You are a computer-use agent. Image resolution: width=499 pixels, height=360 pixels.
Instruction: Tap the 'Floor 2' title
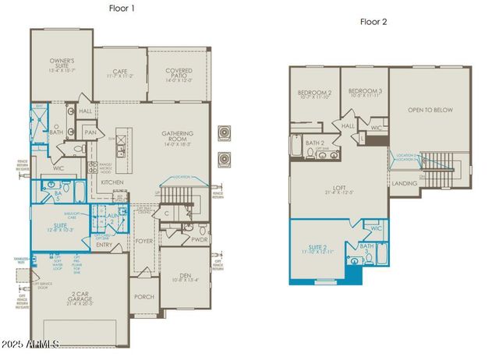tap(373, 21)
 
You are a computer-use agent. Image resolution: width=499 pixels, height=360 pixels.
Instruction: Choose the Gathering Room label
tap(178, 137)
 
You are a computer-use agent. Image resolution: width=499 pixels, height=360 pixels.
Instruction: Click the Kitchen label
tap(112, 182)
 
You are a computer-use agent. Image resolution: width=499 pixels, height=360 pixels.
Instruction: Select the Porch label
tap(144, 296)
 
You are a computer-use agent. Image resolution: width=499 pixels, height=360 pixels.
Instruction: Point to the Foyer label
tap(144, 242)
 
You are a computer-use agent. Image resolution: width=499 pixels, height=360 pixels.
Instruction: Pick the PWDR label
tap(200, 241)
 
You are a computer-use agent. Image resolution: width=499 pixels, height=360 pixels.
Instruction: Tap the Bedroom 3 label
tap(365, 94)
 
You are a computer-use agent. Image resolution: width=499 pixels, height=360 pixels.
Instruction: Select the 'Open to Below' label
tap(430, 111)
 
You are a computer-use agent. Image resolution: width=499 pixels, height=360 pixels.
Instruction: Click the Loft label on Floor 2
tap(337, 189)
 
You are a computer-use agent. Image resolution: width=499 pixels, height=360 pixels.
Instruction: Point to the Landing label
tap(404, 183)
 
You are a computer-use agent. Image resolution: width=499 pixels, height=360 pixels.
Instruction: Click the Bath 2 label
tap(314, 143)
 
